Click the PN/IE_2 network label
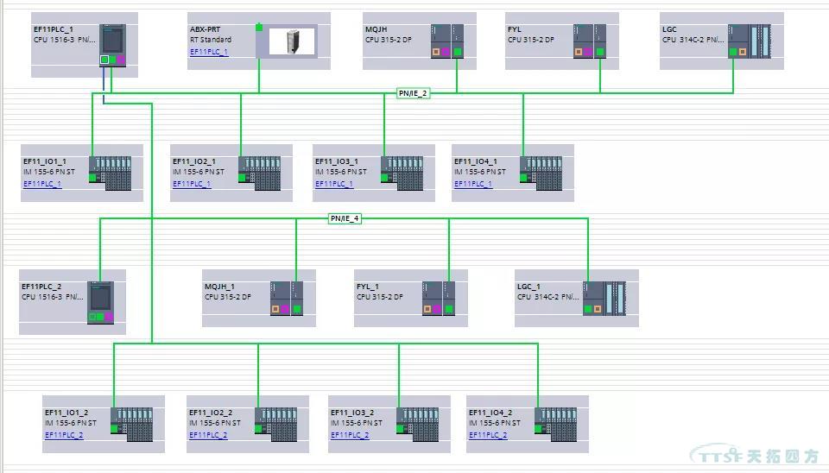pos(413,93)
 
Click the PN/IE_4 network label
pos(345,218)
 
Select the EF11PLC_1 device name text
pos(54,29)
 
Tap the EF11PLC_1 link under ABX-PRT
pos(209,52)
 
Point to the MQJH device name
pos(376,29)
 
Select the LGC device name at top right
pos(669,29)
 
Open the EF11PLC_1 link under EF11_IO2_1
pos(192,184)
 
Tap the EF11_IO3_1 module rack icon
pos(402,173)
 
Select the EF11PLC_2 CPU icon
pos(100,302)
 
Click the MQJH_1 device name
pos(219,287)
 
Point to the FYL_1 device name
pos(367,287)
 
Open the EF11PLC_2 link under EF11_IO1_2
pos(64,435)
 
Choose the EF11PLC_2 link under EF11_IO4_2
pos(488,435)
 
